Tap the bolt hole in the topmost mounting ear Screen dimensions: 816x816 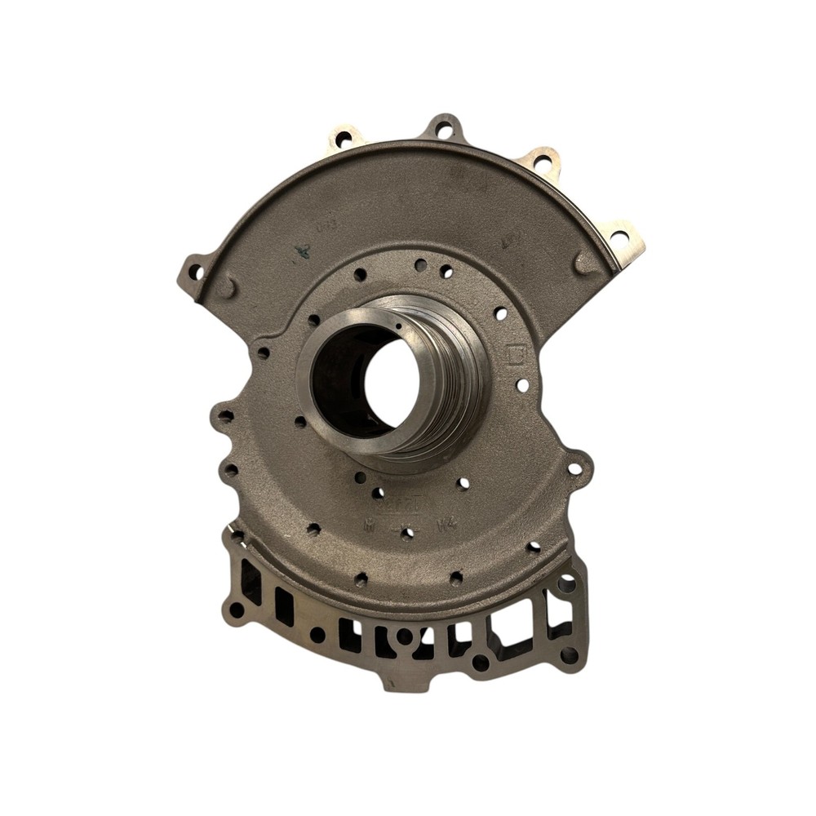tap(444, 129)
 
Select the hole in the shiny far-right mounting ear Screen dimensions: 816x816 tap(619, 237)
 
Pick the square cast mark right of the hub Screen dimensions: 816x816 tap(515, 355)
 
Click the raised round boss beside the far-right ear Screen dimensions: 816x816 tap(584, 262)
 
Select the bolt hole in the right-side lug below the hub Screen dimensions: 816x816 tap(575, 469)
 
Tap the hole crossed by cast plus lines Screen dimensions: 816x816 tap(408, 533)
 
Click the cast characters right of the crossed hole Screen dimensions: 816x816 tap(446, 527)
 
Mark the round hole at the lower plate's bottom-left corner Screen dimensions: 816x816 tap(237, 609)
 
